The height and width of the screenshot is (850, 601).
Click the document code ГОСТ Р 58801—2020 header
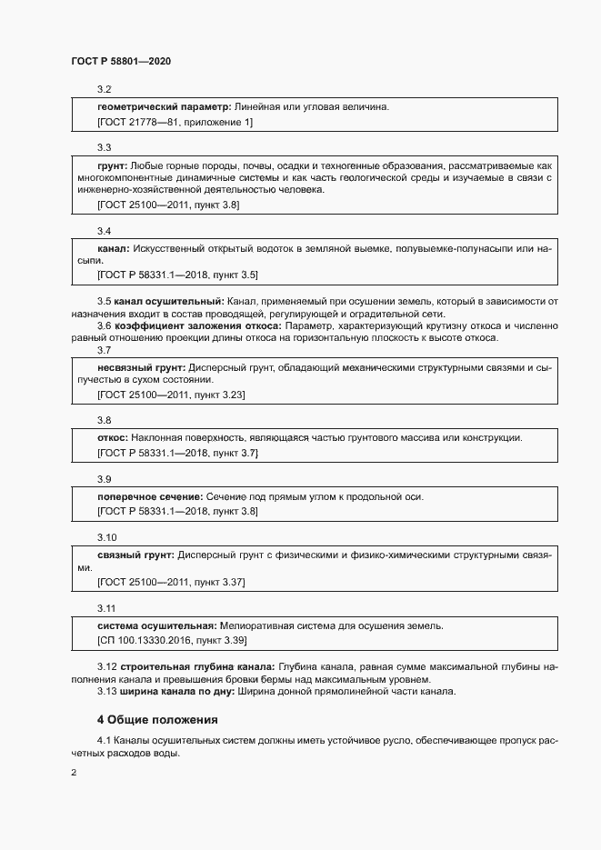click(x=121, y=61)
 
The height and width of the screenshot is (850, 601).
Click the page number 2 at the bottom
click(x=74, y=773)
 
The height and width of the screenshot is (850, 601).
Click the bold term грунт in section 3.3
click(x=112, y=166)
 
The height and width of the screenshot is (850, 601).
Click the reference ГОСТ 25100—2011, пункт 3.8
click(x=168, y=205)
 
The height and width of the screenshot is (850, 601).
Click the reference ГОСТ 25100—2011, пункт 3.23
click(x=171, y=395)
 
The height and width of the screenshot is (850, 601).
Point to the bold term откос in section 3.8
click(x=113, y=438)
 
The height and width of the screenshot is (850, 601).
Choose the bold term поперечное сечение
click(x=149, y=496)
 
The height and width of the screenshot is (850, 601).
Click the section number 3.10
click(x=106, y=537)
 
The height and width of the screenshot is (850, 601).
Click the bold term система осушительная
click(x=155, y=626)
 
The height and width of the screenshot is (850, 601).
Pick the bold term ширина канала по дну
click(x=175, y=692)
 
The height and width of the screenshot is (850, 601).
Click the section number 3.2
click(x=104, y=89)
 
